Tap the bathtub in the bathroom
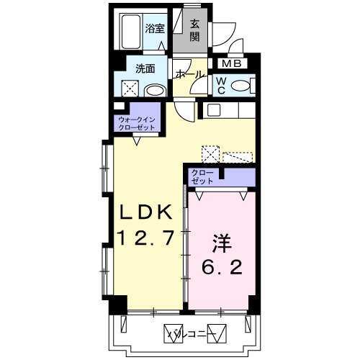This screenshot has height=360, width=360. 130,31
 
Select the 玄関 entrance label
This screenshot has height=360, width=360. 195,30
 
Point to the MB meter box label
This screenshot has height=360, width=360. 238,63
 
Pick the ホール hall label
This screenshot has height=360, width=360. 189,74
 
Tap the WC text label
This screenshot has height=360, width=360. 221,86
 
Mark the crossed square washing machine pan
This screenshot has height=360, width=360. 130,89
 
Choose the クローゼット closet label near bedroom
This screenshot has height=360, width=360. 202,176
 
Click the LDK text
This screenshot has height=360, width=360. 145,213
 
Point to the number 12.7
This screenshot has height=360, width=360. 147,239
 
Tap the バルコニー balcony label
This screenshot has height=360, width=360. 189,333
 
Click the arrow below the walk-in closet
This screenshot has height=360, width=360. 137,142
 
